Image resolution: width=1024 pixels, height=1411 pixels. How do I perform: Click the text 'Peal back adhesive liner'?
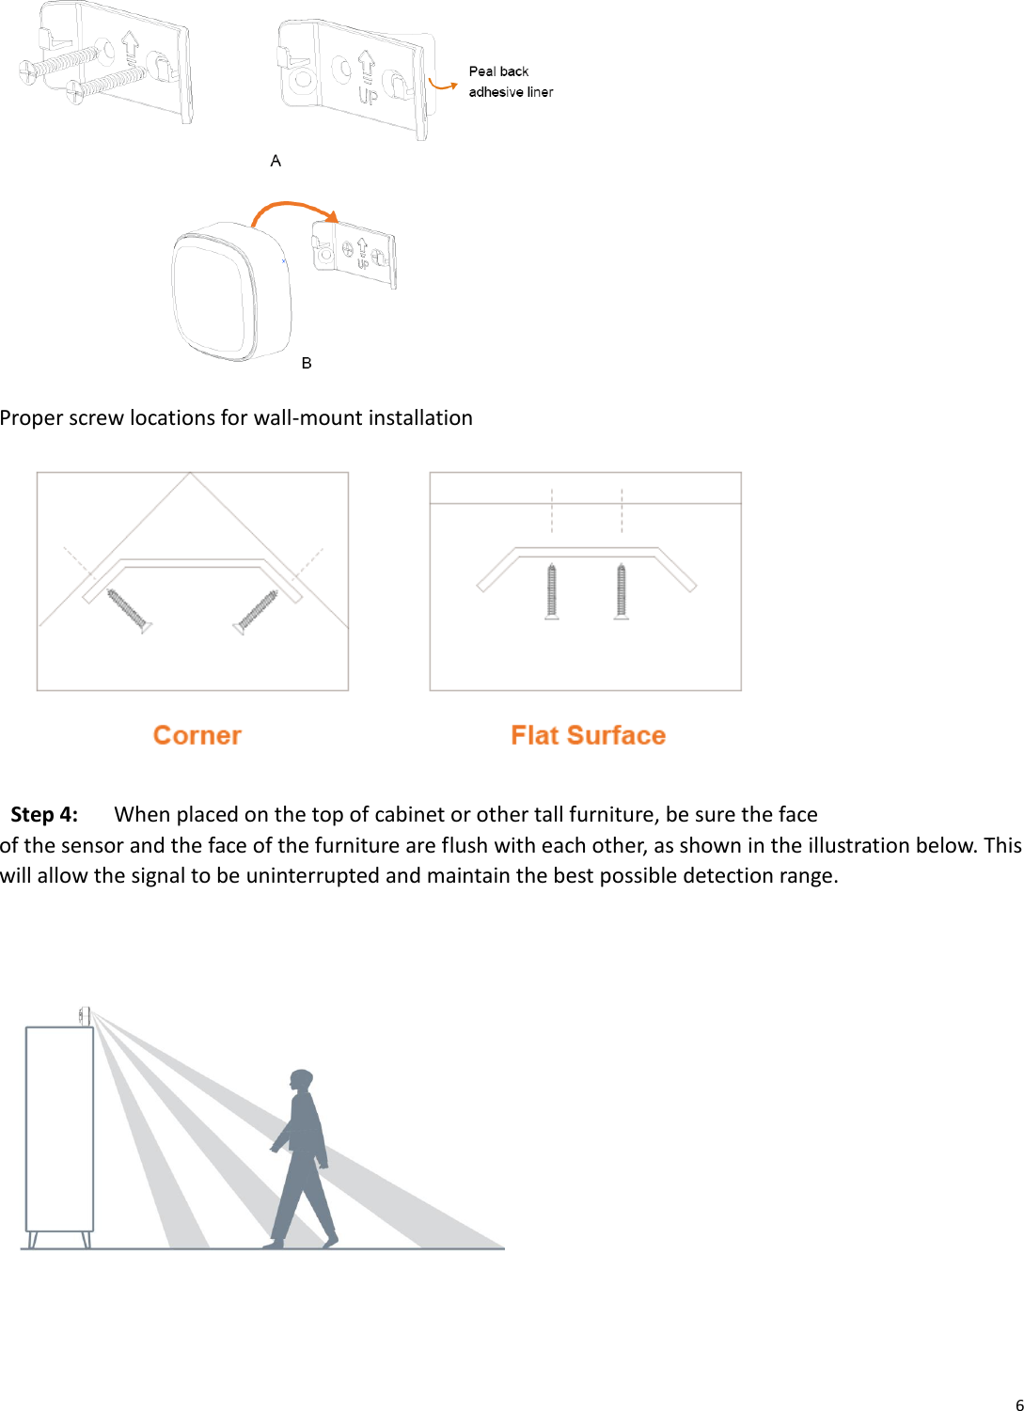510,82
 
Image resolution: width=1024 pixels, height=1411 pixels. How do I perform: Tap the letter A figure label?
276,161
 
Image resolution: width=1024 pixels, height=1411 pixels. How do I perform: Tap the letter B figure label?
307,363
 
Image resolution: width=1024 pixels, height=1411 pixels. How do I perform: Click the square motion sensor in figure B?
228,292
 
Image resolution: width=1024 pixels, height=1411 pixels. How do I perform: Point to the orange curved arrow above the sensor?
292,209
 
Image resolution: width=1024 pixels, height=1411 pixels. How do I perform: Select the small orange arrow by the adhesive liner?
442,84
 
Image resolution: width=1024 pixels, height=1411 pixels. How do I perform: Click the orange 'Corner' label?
197,735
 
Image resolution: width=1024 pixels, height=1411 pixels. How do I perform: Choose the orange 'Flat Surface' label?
588,735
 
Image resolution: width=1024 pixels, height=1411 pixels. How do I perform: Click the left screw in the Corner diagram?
128,611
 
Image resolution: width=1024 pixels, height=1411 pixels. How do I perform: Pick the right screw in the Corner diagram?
257,611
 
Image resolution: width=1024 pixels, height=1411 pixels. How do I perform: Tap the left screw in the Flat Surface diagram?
552,590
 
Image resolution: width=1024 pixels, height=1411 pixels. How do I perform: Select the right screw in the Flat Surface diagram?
622,590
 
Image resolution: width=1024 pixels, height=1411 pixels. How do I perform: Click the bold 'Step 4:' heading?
44,814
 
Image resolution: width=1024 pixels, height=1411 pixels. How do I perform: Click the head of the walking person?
301,1081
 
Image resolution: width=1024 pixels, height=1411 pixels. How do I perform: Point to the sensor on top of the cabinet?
85,1015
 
